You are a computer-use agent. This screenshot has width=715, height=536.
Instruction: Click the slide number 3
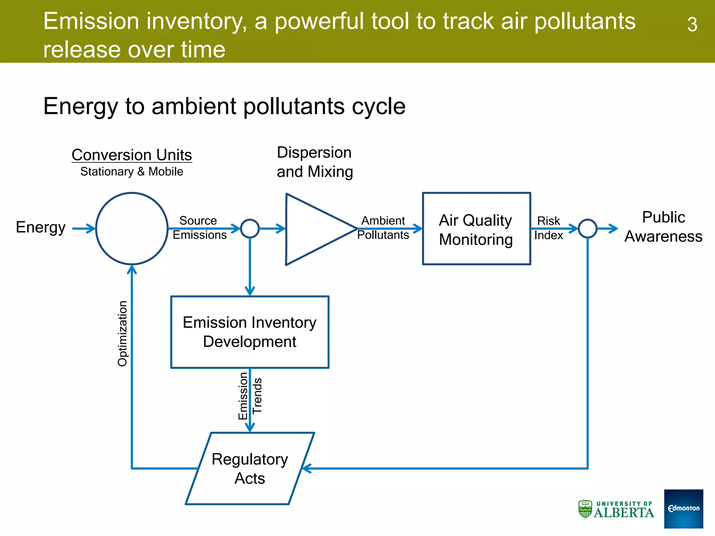point(692,25)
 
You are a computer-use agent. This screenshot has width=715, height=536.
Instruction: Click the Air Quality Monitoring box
point(476,229)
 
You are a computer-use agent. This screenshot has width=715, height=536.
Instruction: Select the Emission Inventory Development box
point(250,332)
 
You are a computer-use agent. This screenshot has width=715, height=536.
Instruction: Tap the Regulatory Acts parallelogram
point(250,468)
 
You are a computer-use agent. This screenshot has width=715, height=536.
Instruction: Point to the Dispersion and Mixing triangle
point(314,229)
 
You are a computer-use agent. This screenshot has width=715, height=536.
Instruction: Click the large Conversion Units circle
point(132,229)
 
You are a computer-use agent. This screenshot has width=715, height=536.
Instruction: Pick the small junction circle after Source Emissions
point(250,229)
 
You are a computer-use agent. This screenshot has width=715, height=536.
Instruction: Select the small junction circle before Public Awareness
point(588,229)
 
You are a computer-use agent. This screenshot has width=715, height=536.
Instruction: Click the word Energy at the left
point(40,227)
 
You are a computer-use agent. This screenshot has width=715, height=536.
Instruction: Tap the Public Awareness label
point(663,227)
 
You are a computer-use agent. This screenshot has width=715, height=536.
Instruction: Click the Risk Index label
point(548,228)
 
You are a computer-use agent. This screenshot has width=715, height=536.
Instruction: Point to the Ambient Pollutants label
point(383,228)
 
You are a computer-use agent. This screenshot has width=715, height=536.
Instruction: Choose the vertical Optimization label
point(123,333)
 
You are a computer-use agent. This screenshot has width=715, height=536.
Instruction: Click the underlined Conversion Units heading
point(132,155)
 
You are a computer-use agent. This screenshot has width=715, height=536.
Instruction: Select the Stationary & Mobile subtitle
point(132,172)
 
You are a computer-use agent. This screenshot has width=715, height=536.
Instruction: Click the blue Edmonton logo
point(683,508)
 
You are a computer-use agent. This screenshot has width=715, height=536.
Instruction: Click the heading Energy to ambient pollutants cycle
point(224,106)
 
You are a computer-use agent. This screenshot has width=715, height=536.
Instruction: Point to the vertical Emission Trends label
point(250,396)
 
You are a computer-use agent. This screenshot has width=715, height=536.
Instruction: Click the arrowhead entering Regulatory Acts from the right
point(305,468)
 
